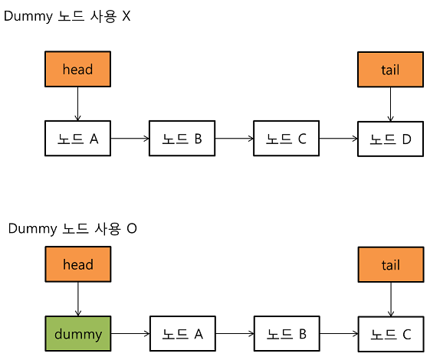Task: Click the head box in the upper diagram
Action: click(x=77, y=70)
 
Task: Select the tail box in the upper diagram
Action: click(x=390, y=70)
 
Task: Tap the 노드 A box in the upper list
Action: click(x=77, y=139)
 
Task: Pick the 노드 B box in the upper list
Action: click(x=182, y=139)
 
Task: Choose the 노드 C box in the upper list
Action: click(x=286, y=139)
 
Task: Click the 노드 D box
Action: click(x=390, y=139)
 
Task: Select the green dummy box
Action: click(x=77, y=334)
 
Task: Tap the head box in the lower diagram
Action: click(x=77, y=265)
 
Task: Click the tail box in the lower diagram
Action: click(x=390, y=265)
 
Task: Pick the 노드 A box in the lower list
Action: click(x=182, y=334)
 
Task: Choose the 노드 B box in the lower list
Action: click(x=286, y=334)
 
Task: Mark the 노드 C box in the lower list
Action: click(x=390, y=334)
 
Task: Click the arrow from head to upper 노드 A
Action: click(x=77, y=103)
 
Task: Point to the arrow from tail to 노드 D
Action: click(x=391, y=103)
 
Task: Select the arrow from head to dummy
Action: click(x=77, y=299)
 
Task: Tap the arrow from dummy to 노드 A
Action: click(x=130, y=334)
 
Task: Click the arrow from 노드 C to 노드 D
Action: click(x=338, y=139)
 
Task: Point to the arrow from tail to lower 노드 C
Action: click(x=391, y=299)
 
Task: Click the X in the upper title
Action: click(x=126, y=16)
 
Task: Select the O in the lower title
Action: click(x=132, y=228)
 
